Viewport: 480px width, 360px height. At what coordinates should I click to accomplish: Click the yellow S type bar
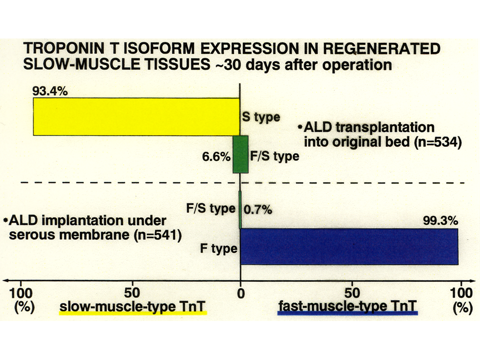coord(136,116)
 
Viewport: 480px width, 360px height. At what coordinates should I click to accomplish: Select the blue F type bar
coord(349,246)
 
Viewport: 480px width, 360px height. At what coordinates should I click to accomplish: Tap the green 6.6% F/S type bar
coord(240,154)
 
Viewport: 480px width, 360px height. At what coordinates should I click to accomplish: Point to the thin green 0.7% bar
coord(240,209)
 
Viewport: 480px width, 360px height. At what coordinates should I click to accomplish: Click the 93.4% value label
coord(50,91)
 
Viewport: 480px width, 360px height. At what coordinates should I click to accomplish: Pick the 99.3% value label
coord(440,220)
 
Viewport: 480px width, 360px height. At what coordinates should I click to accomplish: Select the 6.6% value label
coord(216,156)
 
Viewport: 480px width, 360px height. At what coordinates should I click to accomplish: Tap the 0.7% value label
coord(258,210)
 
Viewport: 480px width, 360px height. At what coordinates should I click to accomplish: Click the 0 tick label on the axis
coord(241,293)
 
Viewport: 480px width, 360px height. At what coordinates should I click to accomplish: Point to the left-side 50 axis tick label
coord(132,293)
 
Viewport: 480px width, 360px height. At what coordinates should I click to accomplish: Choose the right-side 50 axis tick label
coord(352,293)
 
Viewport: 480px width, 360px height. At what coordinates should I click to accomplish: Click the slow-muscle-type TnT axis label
coord(132,306)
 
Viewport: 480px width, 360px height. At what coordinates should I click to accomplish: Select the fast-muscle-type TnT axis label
coord(347,306)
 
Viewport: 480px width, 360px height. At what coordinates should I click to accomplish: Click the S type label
coord(261,117)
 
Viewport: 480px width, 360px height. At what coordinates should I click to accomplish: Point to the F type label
coord(218,248)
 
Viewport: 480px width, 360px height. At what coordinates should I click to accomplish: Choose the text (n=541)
coord(158,235)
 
